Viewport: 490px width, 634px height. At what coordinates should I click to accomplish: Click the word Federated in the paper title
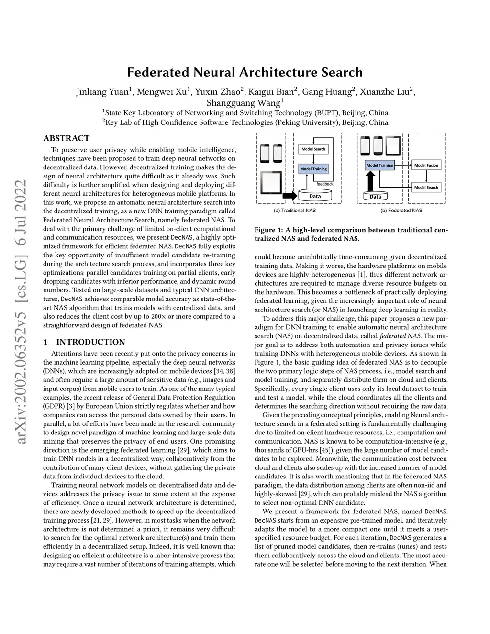click(x=158, y=72)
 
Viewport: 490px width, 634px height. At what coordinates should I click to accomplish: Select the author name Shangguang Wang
click(x=244, y=103)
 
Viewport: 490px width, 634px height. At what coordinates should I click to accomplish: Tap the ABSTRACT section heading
click(x=66, y=138)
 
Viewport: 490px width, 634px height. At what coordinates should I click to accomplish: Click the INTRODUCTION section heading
click(x=90, y=342)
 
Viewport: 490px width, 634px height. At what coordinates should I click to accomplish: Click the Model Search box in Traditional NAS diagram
click(x=313, y=149)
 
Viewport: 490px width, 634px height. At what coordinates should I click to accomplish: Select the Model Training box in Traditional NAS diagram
click(x=313, y=169)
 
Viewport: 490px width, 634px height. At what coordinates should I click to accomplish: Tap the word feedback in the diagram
click(x=325, y=184)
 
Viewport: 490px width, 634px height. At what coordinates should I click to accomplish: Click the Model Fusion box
click(x=426, y=165)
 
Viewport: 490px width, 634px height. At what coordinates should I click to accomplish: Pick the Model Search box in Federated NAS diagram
click(x=426, y=187)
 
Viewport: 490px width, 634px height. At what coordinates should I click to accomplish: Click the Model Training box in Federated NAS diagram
click(x=379, y=165)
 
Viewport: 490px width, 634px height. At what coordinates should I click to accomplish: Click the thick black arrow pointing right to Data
click(x=289, y=196)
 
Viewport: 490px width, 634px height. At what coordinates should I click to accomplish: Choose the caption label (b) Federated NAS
click(x=401, y=211)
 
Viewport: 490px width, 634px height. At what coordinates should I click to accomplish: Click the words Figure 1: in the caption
click(x=268, y=230)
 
